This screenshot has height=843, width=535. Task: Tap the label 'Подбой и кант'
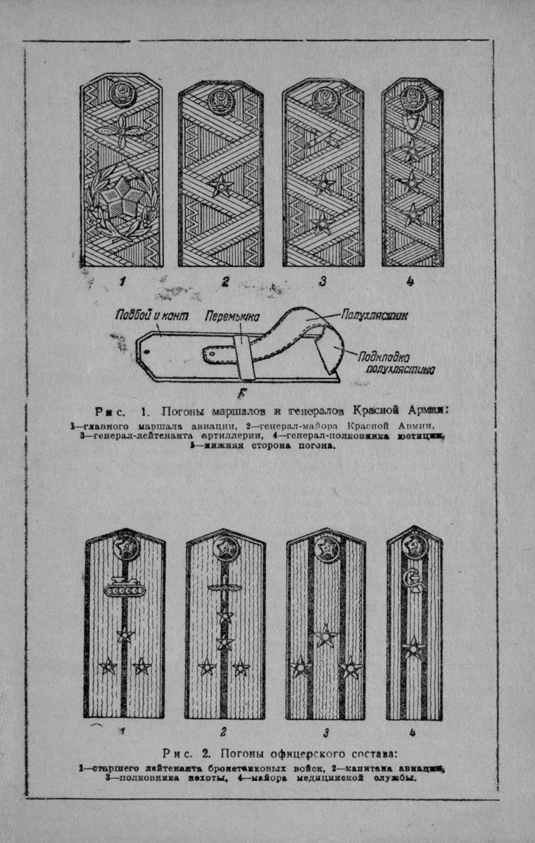coord(154,316)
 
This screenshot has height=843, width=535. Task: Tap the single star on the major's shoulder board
coord(413,648)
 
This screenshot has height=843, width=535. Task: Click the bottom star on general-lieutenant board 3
coord(322,224)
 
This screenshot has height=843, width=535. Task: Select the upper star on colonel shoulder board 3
coord(325,637)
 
